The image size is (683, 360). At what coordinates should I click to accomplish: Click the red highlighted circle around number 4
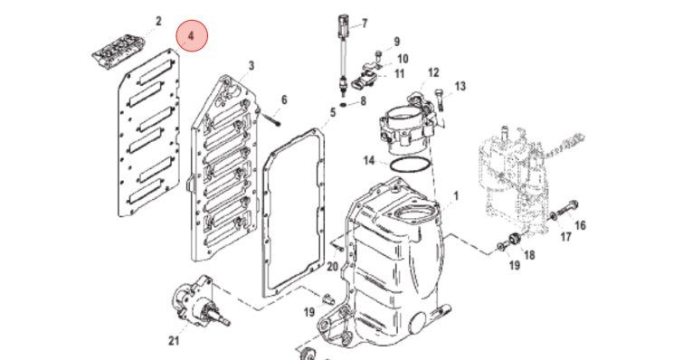coord(192,35)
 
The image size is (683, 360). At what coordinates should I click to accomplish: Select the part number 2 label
coord(158,21)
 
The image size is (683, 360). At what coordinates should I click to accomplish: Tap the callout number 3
coord(251,66)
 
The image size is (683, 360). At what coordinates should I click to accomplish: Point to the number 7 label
coord(365,24)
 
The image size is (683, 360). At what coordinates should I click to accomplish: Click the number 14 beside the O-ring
coord(369,160)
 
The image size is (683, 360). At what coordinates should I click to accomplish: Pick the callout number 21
coord(174,340)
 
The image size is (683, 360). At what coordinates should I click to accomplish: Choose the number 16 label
coord(580,225)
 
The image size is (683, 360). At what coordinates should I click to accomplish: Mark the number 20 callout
coord(332,266)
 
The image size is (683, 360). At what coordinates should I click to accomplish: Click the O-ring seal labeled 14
coord(409,166)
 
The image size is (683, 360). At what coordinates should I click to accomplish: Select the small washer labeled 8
coord(343,105)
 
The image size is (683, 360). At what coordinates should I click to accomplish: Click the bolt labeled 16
coord(566,207)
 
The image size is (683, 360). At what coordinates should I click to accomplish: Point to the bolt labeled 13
coord(441,100)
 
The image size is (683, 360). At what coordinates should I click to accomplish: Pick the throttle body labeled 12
coord(408,125)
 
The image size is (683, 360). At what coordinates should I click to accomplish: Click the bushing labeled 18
coord(516,240)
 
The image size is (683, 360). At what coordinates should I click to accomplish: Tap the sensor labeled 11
coord(365,81)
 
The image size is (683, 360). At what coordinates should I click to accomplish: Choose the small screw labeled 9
coord(378,55)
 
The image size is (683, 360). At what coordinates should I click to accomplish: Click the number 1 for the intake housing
coord(456,195)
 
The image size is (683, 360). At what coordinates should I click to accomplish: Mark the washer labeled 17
coord(553,216)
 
